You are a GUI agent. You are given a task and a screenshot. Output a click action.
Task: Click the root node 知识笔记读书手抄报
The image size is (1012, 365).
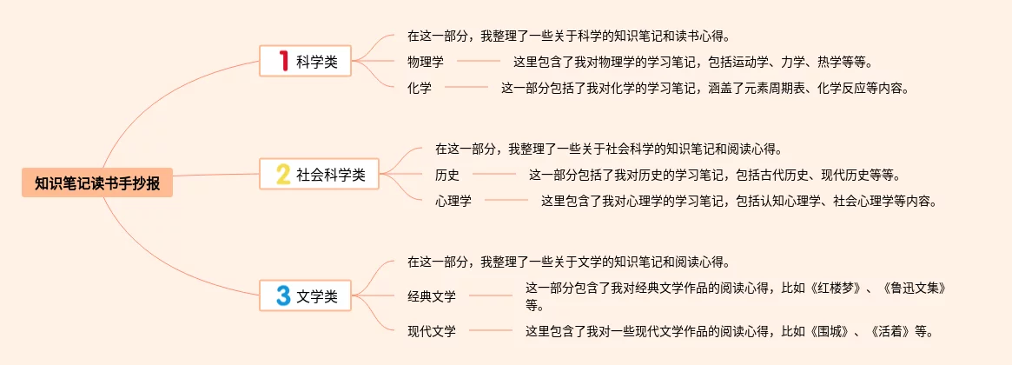tap(97, 183)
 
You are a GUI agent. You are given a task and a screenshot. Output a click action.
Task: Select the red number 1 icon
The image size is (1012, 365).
tap(282, 61)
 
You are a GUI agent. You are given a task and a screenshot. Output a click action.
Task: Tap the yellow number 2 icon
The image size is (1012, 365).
tap(282, 175)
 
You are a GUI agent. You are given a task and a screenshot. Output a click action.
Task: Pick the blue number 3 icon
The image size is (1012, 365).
tap(282, 295)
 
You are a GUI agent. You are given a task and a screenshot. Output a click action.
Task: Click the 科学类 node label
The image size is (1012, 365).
tap(317, 62)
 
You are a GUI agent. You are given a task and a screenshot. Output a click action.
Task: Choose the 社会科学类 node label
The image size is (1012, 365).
tap(331, 175)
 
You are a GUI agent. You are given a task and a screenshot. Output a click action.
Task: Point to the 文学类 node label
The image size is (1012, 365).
tap(317, 296)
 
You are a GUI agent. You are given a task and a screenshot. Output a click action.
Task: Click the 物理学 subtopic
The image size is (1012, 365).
tap(426, 62)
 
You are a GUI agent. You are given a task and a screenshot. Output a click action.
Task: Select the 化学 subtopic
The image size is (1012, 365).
tap(420, 87)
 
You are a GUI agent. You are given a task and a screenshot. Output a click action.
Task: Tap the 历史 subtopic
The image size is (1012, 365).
tap(447, 175)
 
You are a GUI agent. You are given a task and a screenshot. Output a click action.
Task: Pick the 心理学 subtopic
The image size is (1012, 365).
tap(453, 201)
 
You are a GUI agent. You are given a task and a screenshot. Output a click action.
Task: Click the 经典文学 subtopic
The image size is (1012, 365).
tap(432, 296)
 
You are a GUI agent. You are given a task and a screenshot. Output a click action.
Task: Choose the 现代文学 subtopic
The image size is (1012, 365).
tap(432, 330)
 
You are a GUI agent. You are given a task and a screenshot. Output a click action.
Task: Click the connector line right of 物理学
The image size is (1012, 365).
tap(479, 62)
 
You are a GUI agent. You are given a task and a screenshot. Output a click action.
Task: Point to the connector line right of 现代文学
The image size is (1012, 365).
tap(491, 330)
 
